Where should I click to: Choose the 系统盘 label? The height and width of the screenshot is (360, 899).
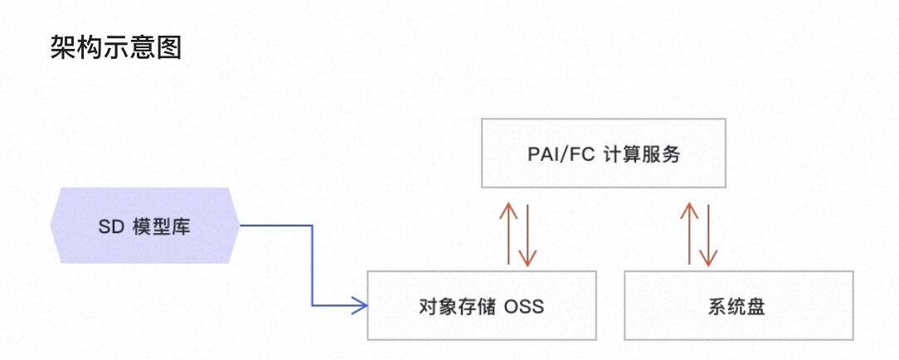(x=736, y=306)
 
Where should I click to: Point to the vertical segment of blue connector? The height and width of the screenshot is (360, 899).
(x=313, y=265)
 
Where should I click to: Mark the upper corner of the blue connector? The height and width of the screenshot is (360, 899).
(x=313, y=225)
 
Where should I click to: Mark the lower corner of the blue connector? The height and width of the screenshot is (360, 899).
(x=313, y=306)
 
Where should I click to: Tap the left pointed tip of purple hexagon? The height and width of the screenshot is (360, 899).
(x=51, y=225)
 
